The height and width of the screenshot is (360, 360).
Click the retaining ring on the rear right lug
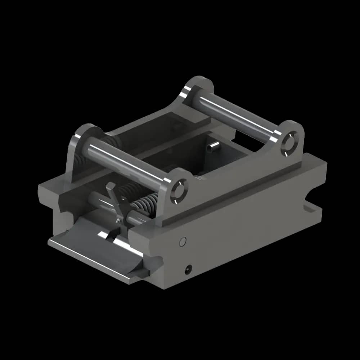(289, 144)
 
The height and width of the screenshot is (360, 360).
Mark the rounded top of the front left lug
(86, 130)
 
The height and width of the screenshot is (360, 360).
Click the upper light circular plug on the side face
(183, 242)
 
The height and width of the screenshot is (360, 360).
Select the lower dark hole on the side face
(188, 268)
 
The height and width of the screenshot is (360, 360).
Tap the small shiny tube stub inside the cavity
(214, 146)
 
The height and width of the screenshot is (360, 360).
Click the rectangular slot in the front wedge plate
(108, 236)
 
